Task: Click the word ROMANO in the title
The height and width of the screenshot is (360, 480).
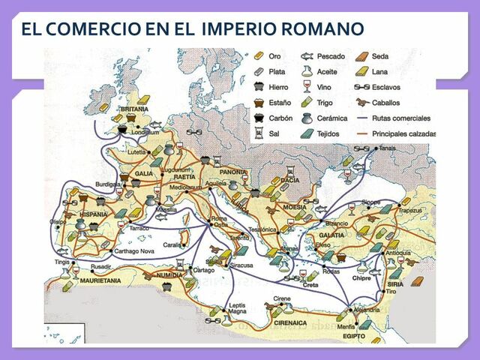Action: (327, 29)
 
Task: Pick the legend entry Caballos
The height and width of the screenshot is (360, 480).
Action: (386, 102)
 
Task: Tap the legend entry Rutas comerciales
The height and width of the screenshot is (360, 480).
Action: (403, 118)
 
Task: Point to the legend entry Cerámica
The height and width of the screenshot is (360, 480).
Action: (332, 118)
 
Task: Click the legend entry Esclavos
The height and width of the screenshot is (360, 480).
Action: (387, 86)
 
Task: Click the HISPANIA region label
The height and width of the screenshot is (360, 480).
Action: (90, 214)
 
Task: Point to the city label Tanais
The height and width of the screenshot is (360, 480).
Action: (388, 148)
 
